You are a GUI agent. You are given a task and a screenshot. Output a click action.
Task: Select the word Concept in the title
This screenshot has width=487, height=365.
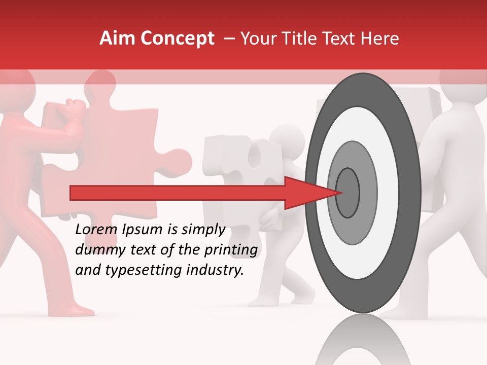[x=177, y=39]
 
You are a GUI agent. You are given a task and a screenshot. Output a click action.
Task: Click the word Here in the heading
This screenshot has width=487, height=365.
[x=380, y=39]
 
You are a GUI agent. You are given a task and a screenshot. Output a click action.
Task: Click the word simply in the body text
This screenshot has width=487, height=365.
[x=203, y=230]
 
